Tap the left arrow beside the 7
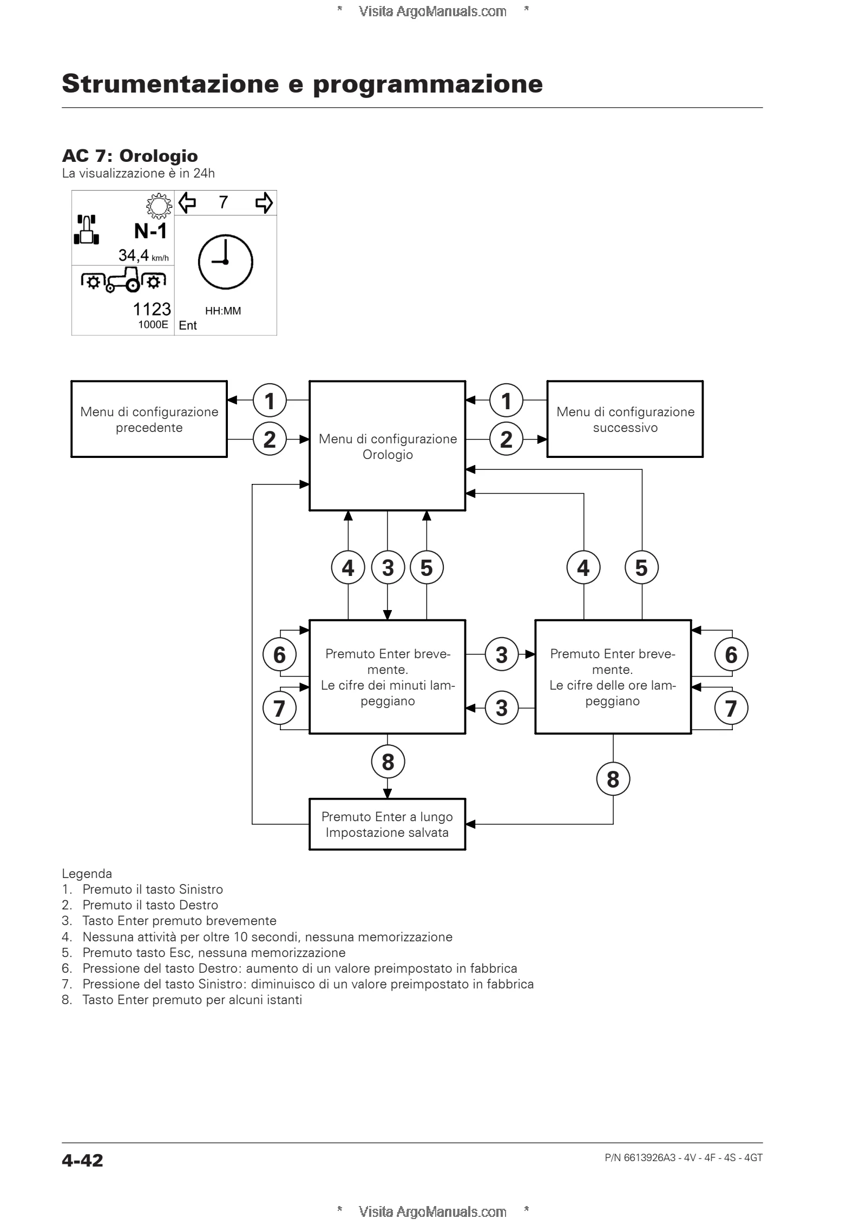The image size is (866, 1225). pos(187,203)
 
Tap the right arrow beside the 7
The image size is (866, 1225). pos(264,203)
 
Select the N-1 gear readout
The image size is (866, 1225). pos(150,231)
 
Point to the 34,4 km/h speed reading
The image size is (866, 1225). pos(143,255)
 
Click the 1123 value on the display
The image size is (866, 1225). pos(152,309)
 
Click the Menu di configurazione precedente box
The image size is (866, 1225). pos(149,419)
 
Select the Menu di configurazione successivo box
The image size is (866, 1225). pos(625,419)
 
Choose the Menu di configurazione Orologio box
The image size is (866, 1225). pos(388,446)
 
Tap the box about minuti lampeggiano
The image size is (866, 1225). pos(388,677)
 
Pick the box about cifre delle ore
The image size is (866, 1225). pos(613,677)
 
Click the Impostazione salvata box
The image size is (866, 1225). pos(388,824)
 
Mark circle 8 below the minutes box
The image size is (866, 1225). pos(388,762)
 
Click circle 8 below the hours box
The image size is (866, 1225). pos(613,779)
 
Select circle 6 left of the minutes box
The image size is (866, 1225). pos(279,654)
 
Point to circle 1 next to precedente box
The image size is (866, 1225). pos(270,401)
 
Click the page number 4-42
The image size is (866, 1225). pos(82,1160)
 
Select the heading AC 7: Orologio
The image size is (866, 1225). pos(130,156)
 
